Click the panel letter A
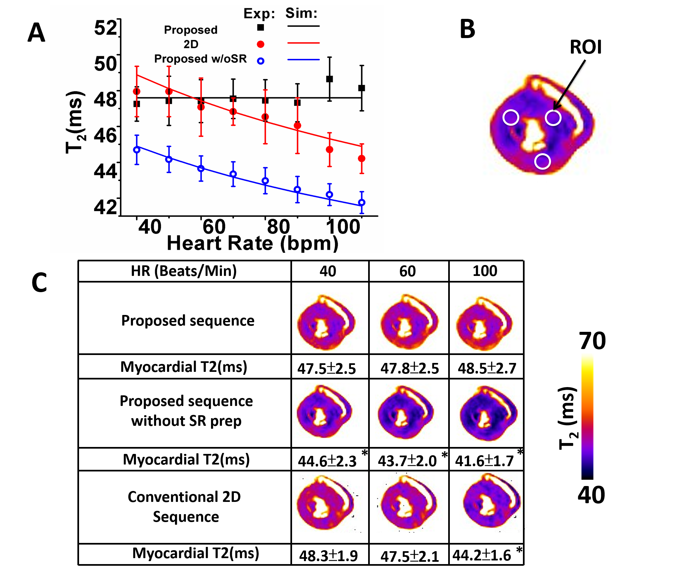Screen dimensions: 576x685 (x=36, y=33)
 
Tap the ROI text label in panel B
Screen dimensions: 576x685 (x=585, y=47)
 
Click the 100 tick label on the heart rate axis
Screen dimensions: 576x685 (x=343, y=227)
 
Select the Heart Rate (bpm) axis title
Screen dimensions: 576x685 (x=252, y=243)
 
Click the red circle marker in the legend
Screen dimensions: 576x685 (x=261, y=44)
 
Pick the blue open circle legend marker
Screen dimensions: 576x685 (x=261, y=61)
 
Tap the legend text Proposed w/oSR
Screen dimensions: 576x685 (x=200, y=59)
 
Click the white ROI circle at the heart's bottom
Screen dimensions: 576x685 (x=542, y=161)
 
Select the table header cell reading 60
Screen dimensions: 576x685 (x=407, y=271)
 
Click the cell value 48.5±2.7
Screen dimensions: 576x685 (x=487, y=368)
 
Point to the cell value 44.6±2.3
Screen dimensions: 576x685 (x=327, y=461)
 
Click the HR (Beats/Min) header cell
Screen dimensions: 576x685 (x=184, y=271)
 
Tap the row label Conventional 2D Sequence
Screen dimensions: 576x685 (x=185, y=507)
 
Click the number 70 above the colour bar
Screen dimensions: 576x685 (x=592, y=341)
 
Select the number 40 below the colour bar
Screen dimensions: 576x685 (x=591, y=495)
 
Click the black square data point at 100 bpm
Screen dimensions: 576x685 (x=329, y=79)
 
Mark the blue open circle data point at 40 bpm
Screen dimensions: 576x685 (x=137, y=150)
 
